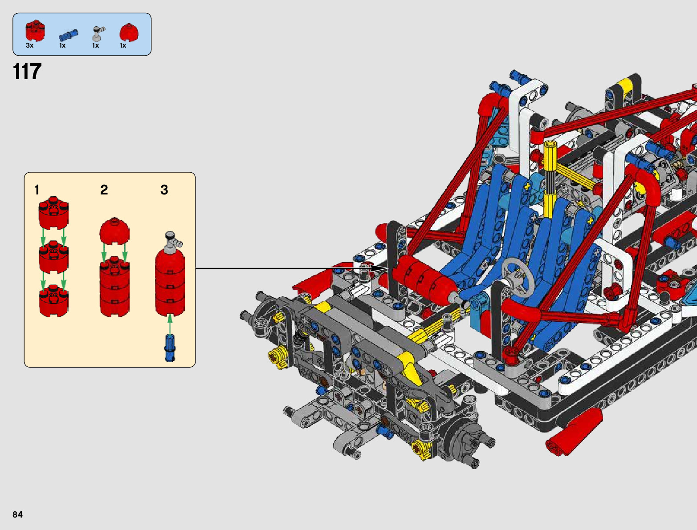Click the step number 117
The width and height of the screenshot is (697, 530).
(27, 71)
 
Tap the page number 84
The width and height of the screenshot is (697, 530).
(17, 514)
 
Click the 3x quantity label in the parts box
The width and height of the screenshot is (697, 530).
(29, 45)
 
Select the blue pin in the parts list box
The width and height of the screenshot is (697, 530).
(68, 35)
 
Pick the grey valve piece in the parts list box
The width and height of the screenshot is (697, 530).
(98, 34)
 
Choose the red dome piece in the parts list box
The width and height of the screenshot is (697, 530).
(129, 32)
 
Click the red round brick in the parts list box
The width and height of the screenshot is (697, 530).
(35, 31)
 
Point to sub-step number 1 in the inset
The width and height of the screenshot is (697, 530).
(37, 190)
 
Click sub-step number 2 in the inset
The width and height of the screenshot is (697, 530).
(104, 190)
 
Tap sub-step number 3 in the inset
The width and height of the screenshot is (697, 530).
(164, 190)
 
